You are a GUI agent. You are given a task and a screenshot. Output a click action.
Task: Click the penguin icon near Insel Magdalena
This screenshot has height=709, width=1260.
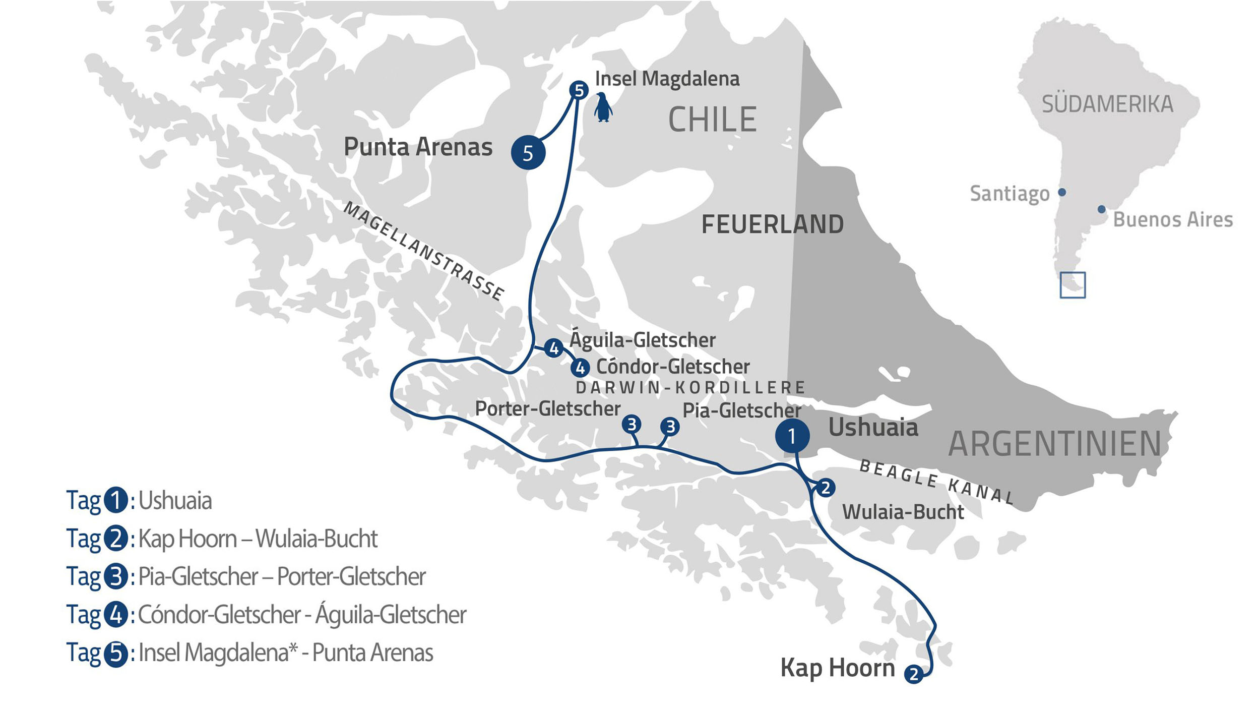point(603,107)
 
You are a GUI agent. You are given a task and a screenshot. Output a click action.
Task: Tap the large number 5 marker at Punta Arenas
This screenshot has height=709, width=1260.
point(528,152)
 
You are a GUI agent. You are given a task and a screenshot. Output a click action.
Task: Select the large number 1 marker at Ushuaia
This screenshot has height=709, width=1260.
point(792,436)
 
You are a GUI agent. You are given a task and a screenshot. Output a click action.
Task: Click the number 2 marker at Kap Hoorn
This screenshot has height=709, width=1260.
point(914,674)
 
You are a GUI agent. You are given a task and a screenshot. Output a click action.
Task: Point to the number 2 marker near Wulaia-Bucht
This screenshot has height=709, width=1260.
point(825,488)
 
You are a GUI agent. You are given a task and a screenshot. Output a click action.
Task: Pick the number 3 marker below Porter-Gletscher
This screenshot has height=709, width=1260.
point(632,425)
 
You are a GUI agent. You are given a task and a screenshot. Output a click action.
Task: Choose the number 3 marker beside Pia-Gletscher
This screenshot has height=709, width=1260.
point(670,427)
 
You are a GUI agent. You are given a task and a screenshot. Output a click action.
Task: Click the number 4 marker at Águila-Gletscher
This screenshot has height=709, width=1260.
point(553,348)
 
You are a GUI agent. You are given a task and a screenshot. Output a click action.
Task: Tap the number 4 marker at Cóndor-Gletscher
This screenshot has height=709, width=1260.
point(580,368)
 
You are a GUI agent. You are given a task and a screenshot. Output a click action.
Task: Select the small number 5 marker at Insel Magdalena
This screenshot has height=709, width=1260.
point(579,90)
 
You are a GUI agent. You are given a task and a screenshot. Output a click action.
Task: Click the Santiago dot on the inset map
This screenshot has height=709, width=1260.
point(1062,192)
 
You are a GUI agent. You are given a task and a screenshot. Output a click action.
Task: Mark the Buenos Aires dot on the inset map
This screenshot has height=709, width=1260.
point(1102,209)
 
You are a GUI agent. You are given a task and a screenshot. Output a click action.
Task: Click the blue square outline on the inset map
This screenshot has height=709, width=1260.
point(1073,285)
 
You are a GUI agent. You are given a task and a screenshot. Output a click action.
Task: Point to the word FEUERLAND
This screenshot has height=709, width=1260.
point(772,224)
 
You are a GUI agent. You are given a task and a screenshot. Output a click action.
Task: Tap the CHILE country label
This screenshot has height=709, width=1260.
point(712,120)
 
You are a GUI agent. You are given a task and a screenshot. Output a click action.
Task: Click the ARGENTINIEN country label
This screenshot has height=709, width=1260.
point(1054,444)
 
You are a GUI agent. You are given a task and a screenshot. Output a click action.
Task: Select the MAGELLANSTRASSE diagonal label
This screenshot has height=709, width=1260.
point(423,251)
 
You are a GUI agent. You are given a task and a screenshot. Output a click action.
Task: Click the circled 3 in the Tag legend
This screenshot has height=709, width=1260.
point(116,576)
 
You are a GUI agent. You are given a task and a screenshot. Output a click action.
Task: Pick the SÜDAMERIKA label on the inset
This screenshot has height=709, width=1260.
point(1107,104)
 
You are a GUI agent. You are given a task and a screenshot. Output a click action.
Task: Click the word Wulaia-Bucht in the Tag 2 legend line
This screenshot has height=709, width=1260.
point(316,539)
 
